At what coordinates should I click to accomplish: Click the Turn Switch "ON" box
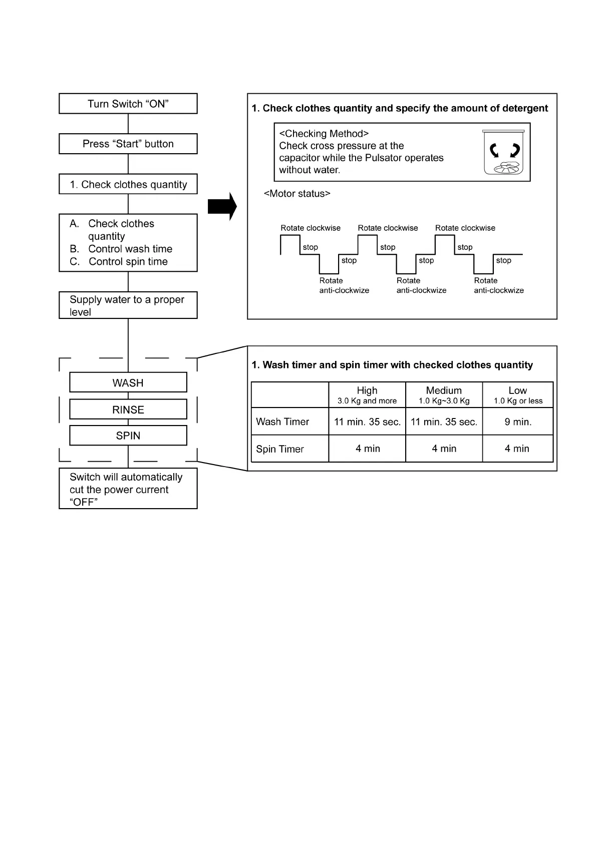pyautogui.click(x=128, y=104)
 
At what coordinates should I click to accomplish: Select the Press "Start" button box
pyautogui.click(x=128, y=144)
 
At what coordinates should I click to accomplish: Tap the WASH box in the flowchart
pyautogui.click(x=128, y=382)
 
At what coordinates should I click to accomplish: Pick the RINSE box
pyautogui.click(x=128, y=409)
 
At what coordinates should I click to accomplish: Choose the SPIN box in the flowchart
pyautogui.click(x=128, y=436)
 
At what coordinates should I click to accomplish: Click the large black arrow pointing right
pyautogui.click(x=222, y=206)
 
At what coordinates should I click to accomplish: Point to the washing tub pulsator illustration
pyautogui.click(x=504, y=153)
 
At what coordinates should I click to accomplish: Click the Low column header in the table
pyautogui.click(x=518, y=394)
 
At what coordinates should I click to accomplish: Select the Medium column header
pyautogui.click(x=444, y=394)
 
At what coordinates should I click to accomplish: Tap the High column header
pyautogui.click(x=367, y=394)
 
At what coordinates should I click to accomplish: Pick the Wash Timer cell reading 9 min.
pyautogui.click(x=518, y=422)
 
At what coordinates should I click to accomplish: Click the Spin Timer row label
pyautogui.click(x=280, y=449)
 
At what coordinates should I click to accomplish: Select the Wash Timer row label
pyautogui.click(x=282, y=422)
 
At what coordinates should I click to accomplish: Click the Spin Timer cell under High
pyautogui.click(x=368, y=449)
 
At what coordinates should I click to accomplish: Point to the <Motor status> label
pyautogui.click(x=297, y=194)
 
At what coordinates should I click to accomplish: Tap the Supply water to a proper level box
pyautogui.click(x=128, y=305)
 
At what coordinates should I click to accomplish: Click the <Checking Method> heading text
pyautogui.click(x=324, y=134)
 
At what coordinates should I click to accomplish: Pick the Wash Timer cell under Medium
pyautogui.click(x=444, y=422)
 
